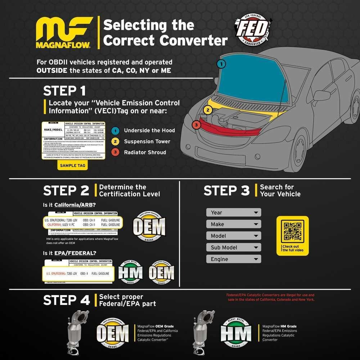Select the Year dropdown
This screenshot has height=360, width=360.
tap(233, 212)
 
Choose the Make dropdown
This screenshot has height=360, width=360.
tap(233, 224)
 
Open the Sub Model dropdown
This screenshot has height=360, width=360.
tap(233, 247)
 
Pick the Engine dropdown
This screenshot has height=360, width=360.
tap(233, 259)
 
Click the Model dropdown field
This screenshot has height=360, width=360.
tap(233, 236)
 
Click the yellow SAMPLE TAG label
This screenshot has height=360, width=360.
tap(73, 165)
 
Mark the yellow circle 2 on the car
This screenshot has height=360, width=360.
tap(207, 110)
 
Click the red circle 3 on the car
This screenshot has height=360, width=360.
tap(196, 125)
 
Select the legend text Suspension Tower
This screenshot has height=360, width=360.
tap(147, 141)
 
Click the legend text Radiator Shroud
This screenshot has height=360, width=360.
tap(145, 152)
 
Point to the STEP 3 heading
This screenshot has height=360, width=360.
tap(226, 191)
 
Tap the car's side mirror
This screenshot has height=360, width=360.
tap(321, 95)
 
